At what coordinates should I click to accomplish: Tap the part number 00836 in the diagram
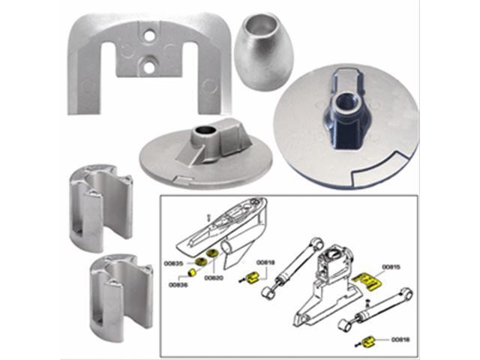coord(178,286)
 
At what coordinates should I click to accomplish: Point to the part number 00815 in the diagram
coord(391,266)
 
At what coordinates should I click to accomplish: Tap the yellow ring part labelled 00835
coord(201,261)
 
